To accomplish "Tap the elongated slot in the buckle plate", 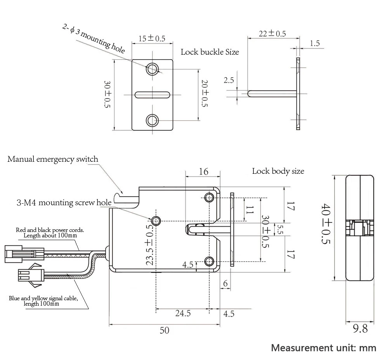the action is (x=152, y=95).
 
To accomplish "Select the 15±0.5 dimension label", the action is (x=152, y=38).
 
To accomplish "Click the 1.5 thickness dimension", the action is (x=315, y=43).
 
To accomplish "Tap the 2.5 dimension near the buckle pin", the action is (x=229, y=80).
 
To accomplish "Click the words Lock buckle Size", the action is (x=210, y=52).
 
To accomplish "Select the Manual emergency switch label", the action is (x=53, y=159).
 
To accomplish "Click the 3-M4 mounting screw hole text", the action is (x=64, y=202).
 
